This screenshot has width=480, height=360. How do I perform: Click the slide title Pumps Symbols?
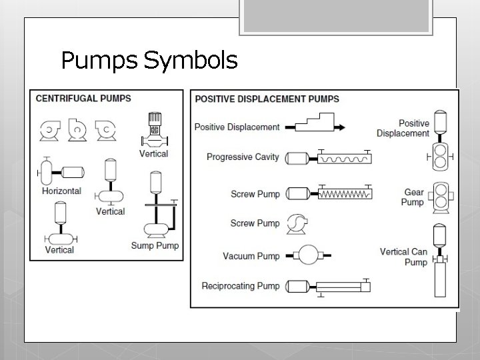point(149,61)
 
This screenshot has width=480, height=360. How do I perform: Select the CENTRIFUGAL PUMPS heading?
point(83,99)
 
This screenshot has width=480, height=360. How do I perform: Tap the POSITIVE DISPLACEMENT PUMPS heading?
point(267,99)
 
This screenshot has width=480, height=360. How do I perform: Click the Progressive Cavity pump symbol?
point(328,158)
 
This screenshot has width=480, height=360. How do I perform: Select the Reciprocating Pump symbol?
point(328,287)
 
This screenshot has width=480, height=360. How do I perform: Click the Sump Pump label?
point(154,245)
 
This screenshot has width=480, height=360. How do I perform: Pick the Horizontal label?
point(61,191)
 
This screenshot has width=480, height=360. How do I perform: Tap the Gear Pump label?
point(413,197)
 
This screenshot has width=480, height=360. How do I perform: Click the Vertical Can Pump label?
point(404,257)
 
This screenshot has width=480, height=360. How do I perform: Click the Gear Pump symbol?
point(439,197)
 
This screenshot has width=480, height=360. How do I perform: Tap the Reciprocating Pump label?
point(241,287)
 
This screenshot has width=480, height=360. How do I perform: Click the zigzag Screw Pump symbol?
point(328,194)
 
